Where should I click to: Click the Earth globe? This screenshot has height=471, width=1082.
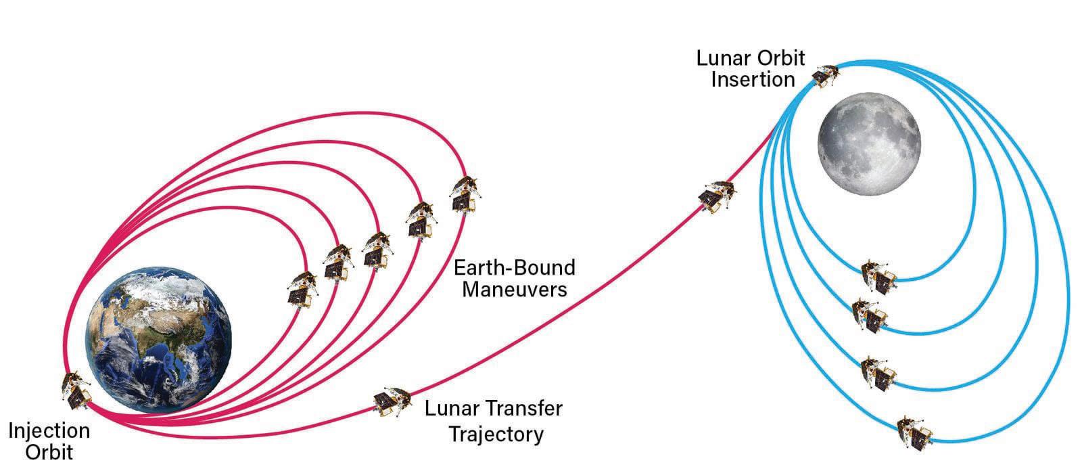click(x=158, y=340)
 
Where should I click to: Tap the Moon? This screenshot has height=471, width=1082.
click(x=869, y=143)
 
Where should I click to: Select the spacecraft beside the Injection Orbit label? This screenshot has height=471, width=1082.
click(x=76, y=390)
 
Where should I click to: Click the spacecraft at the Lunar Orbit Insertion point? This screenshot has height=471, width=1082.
click(x=826, y=76)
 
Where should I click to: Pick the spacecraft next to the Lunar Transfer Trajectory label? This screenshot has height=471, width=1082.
click(x=392, y=401)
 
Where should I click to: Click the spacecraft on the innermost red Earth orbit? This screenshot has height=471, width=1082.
click(x=302, y=290)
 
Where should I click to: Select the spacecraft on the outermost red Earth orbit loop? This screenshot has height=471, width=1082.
click(x=465, y=195)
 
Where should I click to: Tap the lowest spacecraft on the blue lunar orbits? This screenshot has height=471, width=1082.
click(x=914, y=433)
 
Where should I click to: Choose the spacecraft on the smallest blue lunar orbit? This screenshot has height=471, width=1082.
click(x=878, y=277)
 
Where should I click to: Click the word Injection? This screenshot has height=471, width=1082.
click(x=49, y=430)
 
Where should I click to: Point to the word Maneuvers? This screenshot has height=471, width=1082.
click(x=515, y=289)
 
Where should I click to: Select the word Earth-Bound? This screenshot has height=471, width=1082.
click(x=515, y=267)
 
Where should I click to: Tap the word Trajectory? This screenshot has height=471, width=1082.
click(x=496, y=434)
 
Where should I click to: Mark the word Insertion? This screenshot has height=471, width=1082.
click(x=753, y=79)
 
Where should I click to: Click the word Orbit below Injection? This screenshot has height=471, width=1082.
click(x=49, y=452)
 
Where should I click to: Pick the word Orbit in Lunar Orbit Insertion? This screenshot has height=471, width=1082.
click(x=780, y=58)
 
